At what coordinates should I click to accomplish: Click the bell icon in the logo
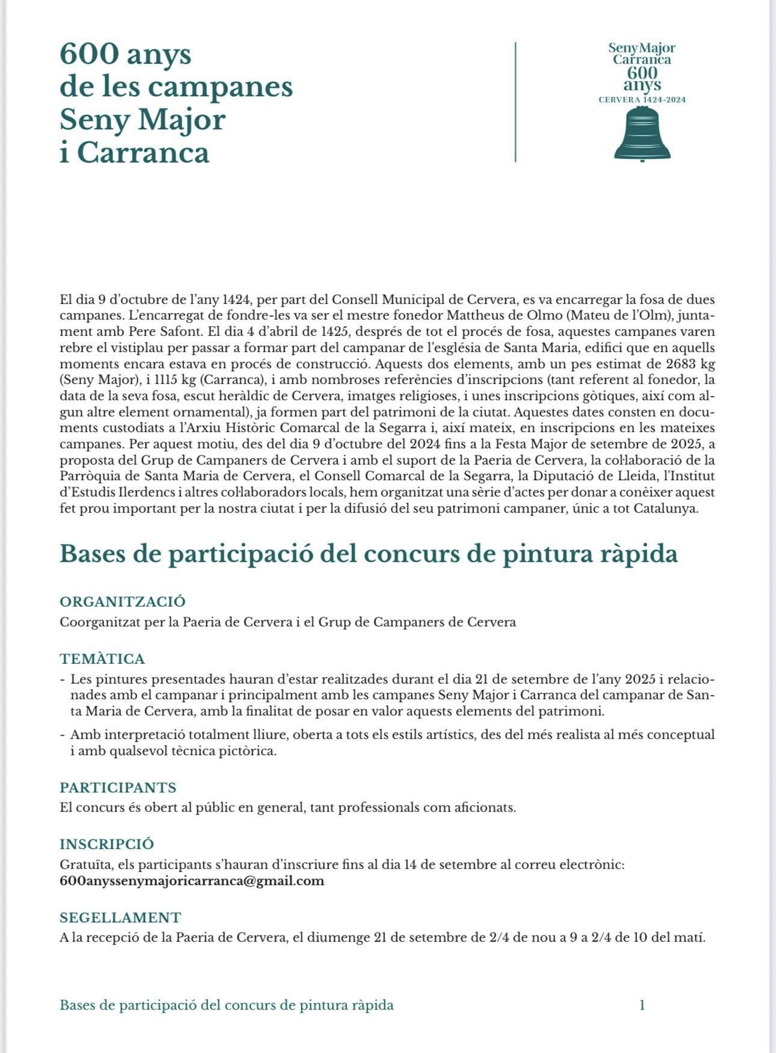[x=642, y=134]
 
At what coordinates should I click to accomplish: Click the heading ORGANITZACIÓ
[x=123, y=601]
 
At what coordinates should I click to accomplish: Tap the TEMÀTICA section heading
[x=102, y=659]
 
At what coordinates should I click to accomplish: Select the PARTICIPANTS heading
[x=118, y=787]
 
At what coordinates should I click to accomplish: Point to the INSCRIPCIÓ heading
[x=107, y=844]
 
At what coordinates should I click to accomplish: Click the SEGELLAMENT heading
[x=120, y=918]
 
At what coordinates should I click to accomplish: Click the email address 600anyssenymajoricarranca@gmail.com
[x=192, y=881]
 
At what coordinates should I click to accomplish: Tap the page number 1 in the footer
[x=642, y=1005]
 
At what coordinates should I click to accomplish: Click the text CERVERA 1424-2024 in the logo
[x=642, y=100]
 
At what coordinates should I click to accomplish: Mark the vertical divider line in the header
[x=516, y=102]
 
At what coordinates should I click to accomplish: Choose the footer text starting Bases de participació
[x=227, y=1005]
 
